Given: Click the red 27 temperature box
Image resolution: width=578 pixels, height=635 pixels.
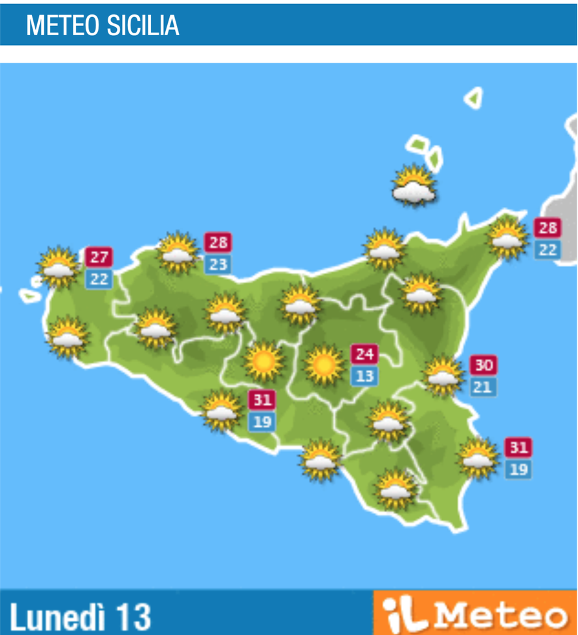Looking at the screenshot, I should [x=99, y=256].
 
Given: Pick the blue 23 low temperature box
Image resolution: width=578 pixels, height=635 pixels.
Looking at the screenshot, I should [x=217, y=264].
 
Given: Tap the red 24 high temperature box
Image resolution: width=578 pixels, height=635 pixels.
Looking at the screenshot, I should [x=364, y=354].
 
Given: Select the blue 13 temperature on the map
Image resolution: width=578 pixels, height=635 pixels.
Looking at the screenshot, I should [x=364, y=377].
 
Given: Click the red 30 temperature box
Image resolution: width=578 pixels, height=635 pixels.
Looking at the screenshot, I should [x=483, y=365].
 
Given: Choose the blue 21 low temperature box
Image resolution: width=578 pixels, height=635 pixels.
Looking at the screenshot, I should [x=483, y=387].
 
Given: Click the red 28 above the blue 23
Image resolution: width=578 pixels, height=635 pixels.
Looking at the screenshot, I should [x=217, y=242].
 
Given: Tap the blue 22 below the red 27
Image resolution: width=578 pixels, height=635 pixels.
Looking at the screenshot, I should [x=99, y=279].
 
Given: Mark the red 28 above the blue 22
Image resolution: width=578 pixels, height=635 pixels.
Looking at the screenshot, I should [x=547, y=228].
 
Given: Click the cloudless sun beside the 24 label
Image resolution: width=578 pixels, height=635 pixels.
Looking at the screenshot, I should [x=324, y=364].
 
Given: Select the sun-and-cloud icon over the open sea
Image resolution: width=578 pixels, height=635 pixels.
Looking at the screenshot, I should [x=414, y=185].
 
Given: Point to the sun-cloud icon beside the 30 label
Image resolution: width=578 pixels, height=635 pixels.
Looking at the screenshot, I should [x=443, y=375].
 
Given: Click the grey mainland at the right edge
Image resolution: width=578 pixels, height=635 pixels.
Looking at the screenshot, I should [x=567, y=196].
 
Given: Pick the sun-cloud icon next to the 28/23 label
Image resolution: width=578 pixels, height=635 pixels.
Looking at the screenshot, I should [x=178, y=253].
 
